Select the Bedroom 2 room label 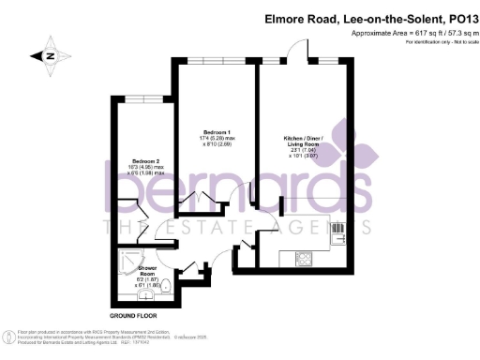pos(146,160)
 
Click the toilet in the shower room pos(166,287)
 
